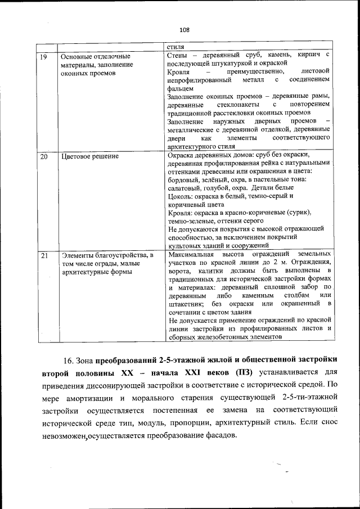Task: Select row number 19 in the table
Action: [43, 56]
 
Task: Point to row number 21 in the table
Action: [43, 256]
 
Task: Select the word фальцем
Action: [181, 88]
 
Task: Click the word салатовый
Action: [185, 188]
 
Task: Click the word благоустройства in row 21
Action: [118, 256]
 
